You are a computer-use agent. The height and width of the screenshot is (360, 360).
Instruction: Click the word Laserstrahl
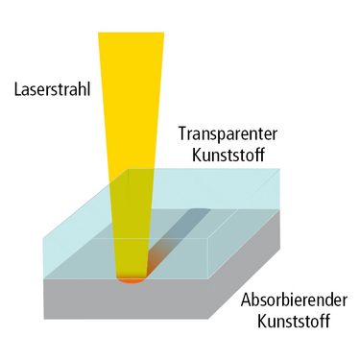[x=52, y=90]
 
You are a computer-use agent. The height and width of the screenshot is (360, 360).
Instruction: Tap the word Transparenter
[x=228, y=133]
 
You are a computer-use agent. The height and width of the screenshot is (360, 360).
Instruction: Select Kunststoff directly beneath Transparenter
[x=228, y=155]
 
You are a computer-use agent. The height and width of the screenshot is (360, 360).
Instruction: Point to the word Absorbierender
[x=294, y=300]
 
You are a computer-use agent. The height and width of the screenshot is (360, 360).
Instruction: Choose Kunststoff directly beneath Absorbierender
[x=294, y=321]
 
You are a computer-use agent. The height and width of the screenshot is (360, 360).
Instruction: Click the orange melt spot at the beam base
[x=132, y=280]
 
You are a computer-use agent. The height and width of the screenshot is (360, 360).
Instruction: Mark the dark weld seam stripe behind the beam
[x=180, y=237]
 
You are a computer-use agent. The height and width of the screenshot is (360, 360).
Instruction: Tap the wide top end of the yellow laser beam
[x=132, y=33]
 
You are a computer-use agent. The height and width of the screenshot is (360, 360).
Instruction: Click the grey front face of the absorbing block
[x=126, y=300]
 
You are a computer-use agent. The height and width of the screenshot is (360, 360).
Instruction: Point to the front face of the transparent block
[x=126, y=258]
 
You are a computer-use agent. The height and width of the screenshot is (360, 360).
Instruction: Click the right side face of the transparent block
[x=245, y=224]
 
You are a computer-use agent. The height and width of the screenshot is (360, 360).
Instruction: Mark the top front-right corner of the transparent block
[x=208, y=238]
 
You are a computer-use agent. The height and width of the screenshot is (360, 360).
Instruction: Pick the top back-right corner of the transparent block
[x=280, y=169]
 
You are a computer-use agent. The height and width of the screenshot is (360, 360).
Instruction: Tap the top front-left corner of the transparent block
[x=44, y=238]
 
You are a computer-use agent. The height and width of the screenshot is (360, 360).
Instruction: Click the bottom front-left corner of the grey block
[x=44, y=319]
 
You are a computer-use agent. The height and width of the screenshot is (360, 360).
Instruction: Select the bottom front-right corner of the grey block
[x=208, y=319]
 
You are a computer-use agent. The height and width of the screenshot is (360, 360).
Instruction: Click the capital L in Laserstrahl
[x=18, y=89]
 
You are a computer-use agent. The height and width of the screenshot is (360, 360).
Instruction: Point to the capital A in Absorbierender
[x=246, y=300]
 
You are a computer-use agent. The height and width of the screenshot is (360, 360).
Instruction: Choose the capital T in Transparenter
[x=182, y=133]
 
